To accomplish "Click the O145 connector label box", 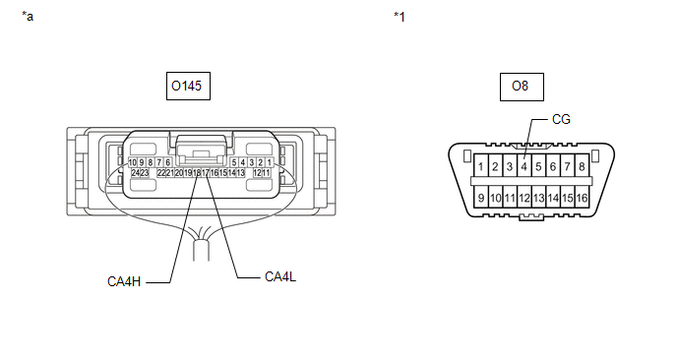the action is [x=188, y=86].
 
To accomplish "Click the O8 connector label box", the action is [x=522, y=87].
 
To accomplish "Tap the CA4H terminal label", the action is [x=124, y=281].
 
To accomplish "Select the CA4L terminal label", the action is [x=280, y=276].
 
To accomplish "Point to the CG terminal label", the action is [x=561, y=119].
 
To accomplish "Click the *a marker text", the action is [x=28, y=17].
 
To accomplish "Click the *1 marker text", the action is [x=400, y=17].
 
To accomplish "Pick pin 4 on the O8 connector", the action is [x=524, y=166].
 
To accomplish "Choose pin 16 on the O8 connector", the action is [x=582, y=198].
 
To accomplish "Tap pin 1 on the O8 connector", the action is [x=480, y=166].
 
